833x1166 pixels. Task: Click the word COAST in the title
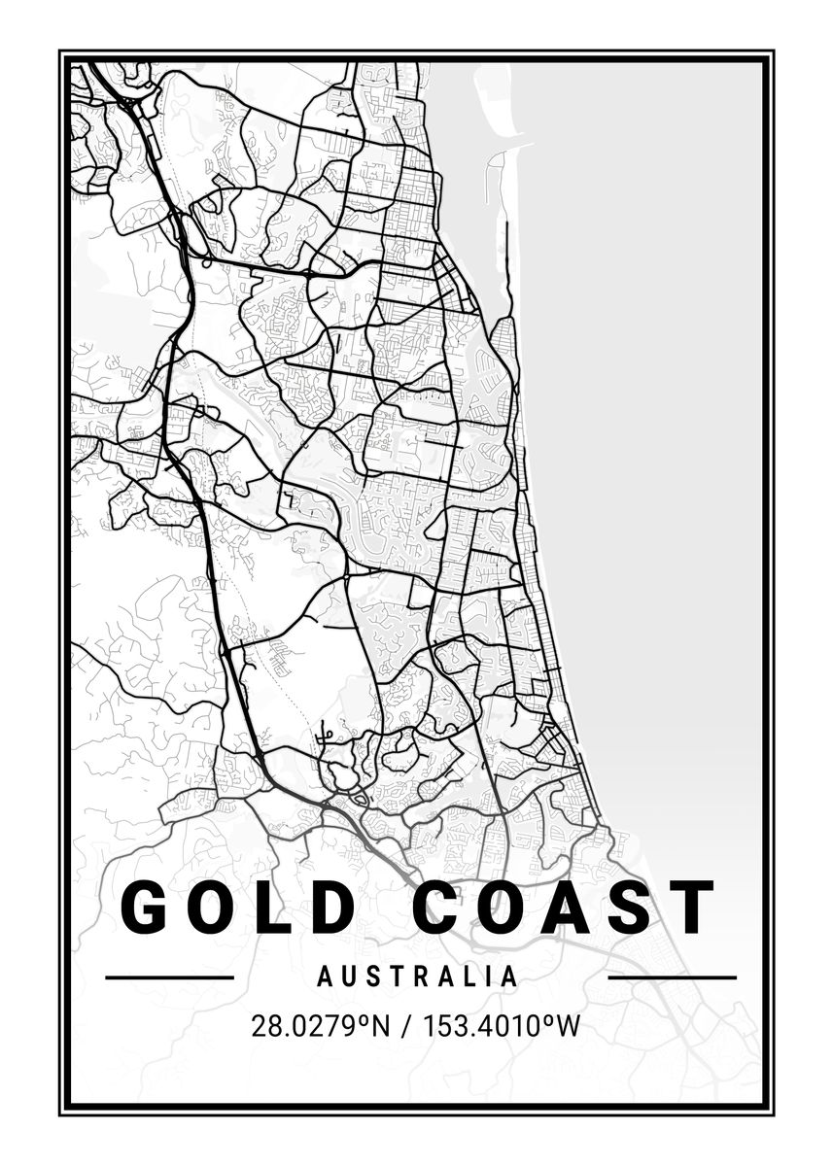coord(564,908)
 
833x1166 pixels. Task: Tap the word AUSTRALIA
coord(418,977)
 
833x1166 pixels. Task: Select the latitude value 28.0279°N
coord(319,1026)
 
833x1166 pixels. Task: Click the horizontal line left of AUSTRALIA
coord(169,977)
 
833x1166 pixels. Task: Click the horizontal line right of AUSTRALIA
coord(672,977)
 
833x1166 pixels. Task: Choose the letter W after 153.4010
coord(569,1026)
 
